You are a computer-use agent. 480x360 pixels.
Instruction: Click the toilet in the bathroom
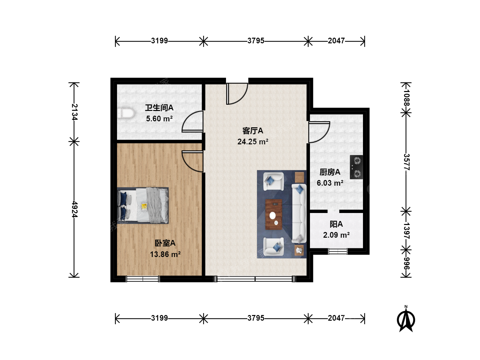coord(126,113)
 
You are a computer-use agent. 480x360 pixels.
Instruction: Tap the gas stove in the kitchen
coord(356,167)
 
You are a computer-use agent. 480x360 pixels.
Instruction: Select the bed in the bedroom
coord(143,205)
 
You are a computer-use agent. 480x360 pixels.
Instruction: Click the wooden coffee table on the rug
coord(274,214)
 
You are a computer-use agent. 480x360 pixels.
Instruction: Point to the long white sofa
coord(299,213)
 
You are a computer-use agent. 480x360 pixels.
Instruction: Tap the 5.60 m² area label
coord(159,119)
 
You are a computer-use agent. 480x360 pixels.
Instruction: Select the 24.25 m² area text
coord(253,142)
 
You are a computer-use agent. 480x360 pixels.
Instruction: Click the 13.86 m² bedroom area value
coord(165,254)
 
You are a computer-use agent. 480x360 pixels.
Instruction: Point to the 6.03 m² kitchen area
coord(330,183)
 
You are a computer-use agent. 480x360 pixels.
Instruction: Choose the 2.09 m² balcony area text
coord(336,235)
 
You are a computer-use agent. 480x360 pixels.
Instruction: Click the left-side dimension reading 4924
coord(75,209)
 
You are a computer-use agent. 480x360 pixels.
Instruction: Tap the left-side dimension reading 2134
coord(75,112)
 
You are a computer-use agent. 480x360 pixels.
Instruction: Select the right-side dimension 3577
coord(406,162)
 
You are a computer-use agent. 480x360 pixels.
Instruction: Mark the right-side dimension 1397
coord(406,231)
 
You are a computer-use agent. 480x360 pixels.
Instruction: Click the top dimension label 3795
coord(256,41)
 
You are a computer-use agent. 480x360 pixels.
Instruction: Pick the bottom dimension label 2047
coord(336,318)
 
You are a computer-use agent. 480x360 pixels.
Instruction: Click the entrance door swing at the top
coord(237,94)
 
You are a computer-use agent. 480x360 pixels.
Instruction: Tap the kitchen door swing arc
coord(319,132)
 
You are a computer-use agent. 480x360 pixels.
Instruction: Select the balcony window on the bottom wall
coord(338,252)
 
